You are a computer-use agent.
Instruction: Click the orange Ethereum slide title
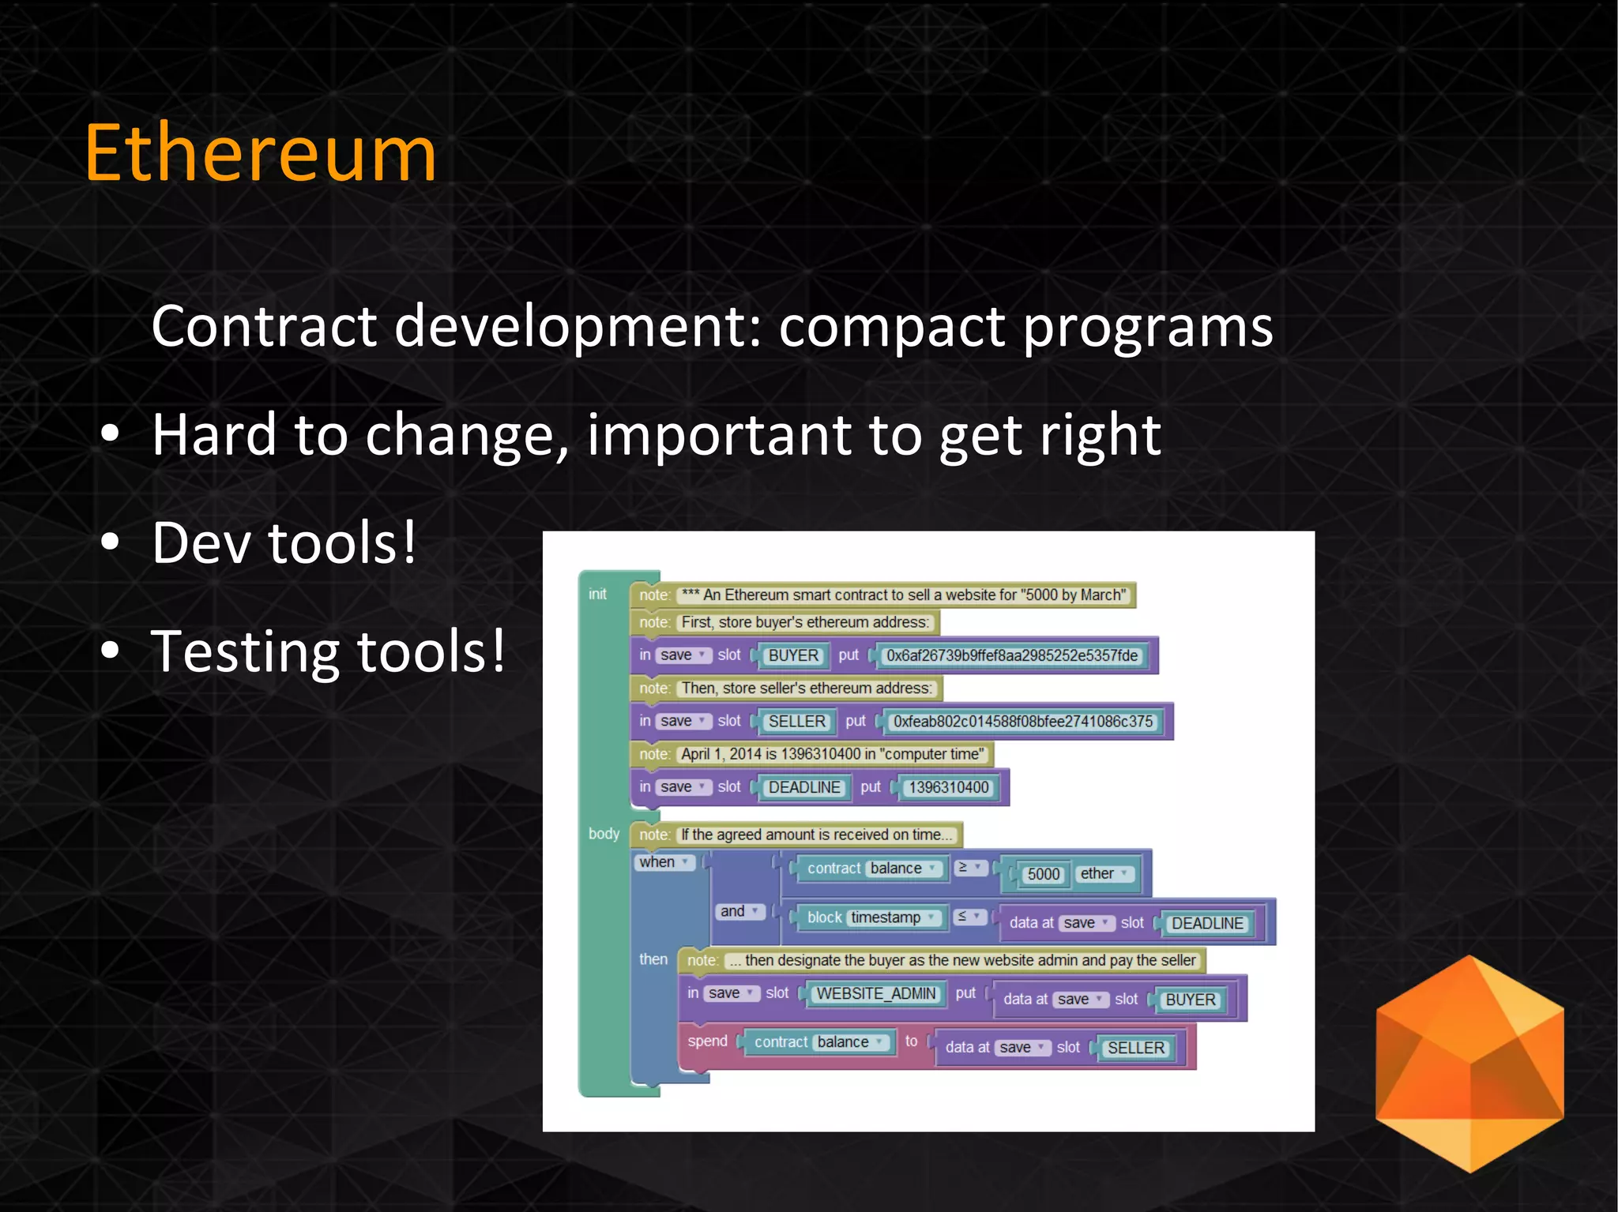pyautogui.click(x=261, y=153)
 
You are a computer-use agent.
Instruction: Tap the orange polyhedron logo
pyautogui.click(x=1469, y=1063)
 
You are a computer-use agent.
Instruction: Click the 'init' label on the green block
pyautogui.click(x=597, y=595)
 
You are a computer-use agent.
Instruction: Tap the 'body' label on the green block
pyautogui.click(x=604, y=834)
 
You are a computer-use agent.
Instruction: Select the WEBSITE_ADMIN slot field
pyautogui.click(x=875, y=994)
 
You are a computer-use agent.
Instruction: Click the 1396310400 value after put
pyautogui.click(x=948, y=787)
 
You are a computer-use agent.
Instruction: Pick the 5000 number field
pyautogui.click(x=1043, y=874)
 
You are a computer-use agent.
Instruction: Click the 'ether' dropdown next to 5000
pyautogui.click(x=1104, y=874)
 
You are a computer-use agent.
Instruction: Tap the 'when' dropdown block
pyautogui.click(x=664, y=862)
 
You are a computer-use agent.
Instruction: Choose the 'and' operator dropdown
pyautogui.click(x=739, y=911)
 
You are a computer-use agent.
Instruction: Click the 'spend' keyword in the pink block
pyautogui.click(x=707, y=1041)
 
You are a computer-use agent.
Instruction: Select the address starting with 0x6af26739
pyautogui.click(x=1011, y=655)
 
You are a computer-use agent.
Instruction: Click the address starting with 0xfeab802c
pyautogui.click(x=1022, y=722)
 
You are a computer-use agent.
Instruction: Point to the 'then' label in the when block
pyautogui.click(x=653, y=959)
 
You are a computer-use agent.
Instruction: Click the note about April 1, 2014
pyautogui.click(x=832, y=754)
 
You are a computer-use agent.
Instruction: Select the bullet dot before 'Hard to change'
pyautogui.click(x=111, y=434)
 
